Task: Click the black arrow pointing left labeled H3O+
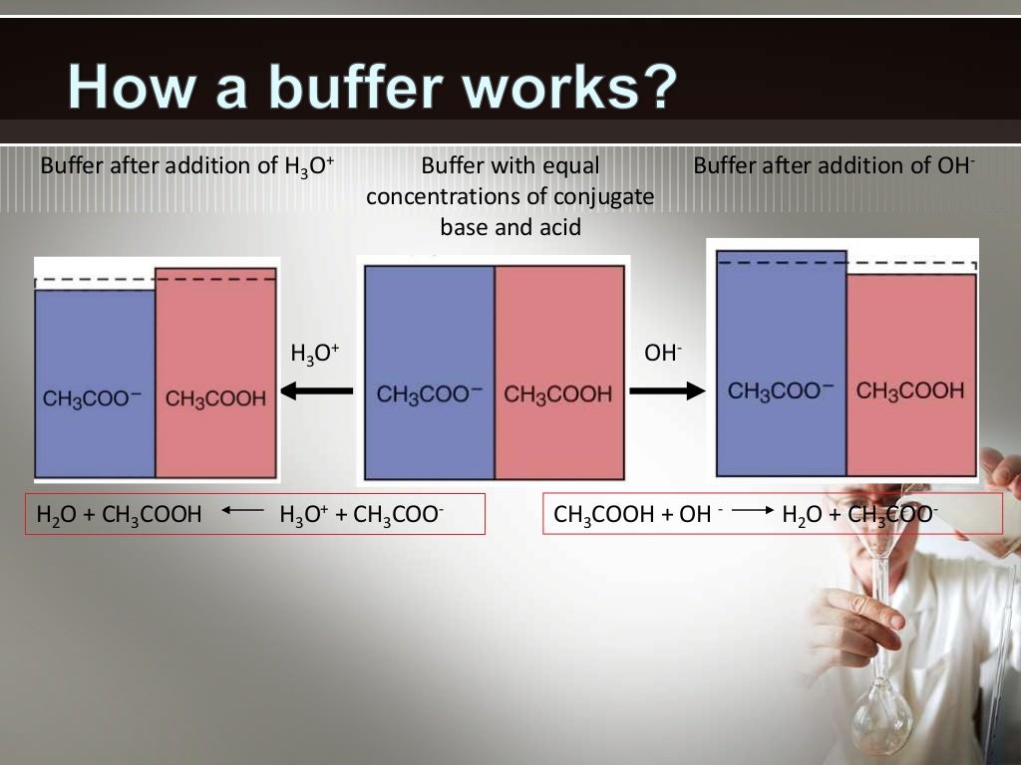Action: [x=316, y=391]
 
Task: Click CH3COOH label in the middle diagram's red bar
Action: [x=557, y=394]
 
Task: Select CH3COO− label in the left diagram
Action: [x=92, y=398]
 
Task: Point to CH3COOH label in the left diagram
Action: [x=215, y=398]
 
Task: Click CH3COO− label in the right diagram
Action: [x=781, y=390]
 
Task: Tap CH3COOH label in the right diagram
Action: [x=910, y=390]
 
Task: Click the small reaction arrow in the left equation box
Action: [x=241, y=512]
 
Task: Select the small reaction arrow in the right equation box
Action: [x=754, y=512]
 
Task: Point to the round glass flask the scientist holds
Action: [x=881, y=713]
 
